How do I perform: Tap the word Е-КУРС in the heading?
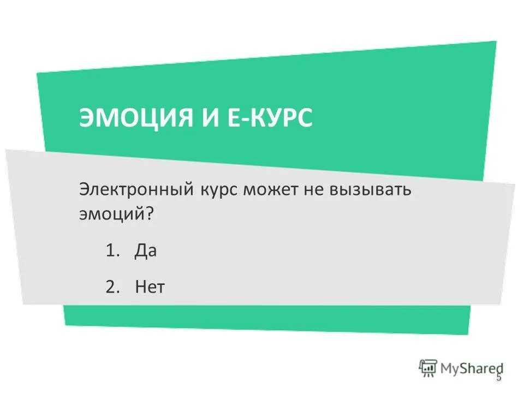click(x=270, y=117)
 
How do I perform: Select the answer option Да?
click(x=146, y=252)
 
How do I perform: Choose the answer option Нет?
click(x=150, y=287)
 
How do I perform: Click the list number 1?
click(x=111, y=252)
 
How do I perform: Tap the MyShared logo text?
click(x=472, y=368)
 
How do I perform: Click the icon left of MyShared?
click(x=428, y=368)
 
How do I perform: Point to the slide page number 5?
click(x=498, y=378)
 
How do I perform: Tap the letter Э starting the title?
click(x=88, y=117)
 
